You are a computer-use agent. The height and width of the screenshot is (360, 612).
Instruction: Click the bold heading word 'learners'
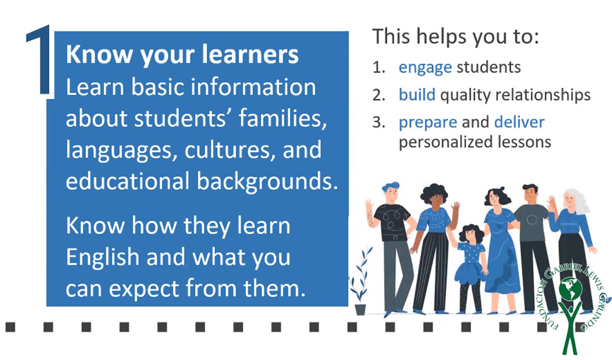(x=250, y=54)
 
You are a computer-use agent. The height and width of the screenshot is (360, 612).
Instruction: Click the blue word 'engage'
(x=425, y=68)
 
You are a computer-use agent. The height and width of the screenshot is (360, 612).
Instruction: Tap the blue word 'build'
(x=417, y=95)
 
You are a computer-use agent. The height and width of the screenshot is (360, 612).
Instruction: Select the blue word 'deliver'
(x=519, y=122)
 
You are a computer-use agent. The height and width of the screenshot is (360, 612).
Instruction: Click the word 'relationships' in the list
(x=543, y=95)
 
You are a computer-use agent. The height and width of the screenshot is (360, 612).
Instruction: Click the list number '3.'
(x=379, y=122)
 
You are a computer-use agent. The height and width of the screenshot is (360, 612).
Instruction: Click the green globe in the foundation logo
(x=571, y=288)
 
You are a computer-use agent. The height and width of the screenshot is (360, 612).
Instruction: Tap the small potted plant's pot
(x=360, y=310)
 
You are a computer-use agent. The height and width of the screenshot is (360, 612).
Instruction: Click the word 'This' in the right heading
(x=391, y=36)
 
